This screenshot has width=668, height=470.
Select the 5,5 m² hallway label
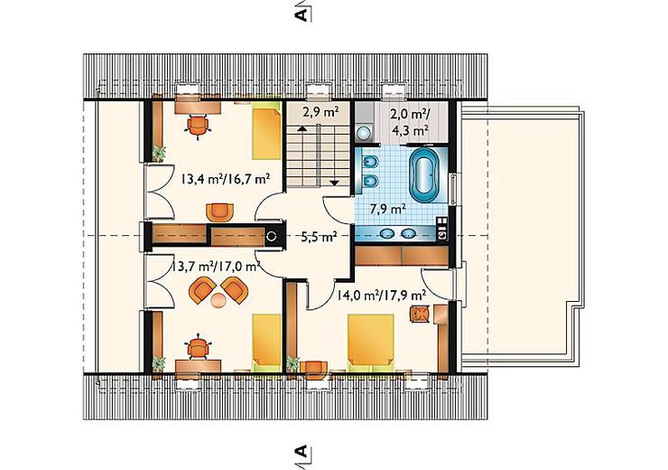(319, 237)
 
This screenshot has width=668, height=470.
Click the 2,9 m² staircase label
(320, 113)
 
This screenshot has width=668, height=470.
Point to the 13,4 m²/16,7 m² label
(226, 178)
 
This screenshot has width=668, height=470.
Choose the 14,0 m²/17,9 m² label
(382, 296)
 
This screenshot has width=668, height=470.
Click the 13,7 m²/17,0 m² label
(216, 267)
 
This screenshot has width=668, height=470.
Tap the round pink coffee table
(219, 300)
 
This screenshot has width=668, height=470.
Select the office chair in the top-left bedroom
(198, 126)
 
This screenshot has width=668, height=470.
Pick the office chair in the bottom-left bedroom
(198, 347)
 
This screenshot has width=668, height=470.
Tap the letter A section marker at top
(301, 14)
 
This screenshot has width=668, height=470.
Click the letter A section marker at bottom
(301, 451)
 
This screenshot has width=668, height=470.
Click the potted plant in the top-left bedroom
(159, 153)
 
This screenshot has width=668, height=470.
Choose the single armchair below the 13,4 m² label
(220, 212)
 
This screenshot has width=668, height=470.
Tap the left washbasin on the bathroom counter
(387, 233)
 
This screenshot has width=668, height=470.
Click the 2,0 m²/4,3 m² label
(410, 122)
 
